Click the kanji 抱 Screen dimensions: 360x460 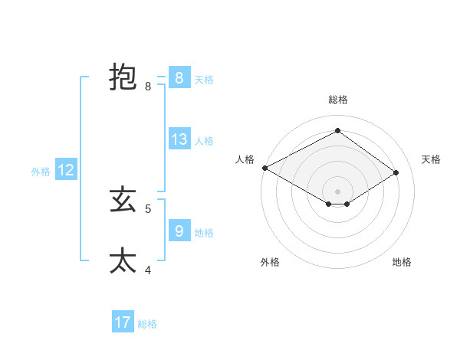point(123,78)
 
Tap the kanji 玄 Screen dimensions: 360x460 point(123,201)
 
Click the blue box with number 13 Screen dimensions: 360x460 point(179,139)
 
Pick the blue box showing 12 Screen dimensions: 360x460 point(66,170)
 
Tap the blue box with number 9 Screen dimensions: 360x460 point(179,231)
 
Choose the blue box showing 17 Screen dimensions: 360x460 point(123,322)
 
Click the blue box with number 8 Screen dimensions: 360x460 point(179,78)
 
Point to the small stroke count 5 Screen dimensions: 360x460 point(148,208)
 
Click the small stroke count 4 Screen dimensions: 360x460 point(148,270)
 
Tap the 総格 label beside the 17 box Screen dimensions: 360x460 point(148,324)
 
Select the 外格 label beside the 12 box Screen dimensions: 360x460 point(41,172)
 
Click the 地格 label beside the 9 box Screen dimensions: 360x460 point(204,232)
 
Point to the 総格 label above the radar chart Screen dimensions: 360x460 point(337,100)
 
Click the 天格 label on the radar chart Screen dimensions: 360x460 point(431,159)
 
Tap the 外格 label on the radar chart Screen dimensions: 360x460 point(270,262)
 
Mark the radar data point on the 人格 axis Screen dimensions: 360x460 point(264,167)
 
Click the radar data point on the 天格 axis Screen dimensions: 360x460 point(396,172)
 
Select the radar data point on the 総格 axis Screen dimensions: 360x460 point(337,130)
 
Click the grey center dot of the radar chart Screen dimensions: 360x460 point(337,191)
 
